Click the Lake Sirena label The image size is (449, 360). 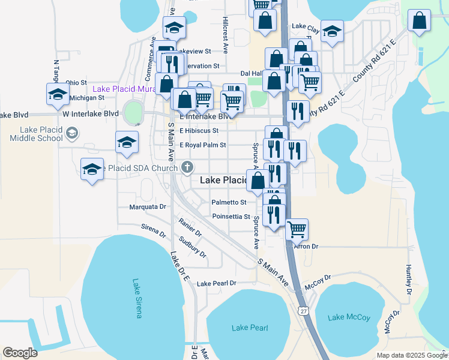coord(136,298)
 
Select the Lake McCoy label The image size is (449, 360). coord(349,317)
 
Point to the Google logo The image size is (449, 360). coord(20,352)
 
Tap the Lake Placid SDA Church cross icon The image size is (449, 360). coord(187,167)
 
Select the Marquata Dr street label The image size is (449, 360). coord(148,206)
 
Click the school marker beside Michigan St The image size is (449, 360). coord(58,94)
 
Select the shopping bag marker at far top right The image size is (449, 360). coord(419,20)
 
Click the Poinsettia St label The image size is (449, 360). coord(231,216)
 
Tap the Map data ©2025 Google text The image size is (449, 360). coord(411,355)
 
